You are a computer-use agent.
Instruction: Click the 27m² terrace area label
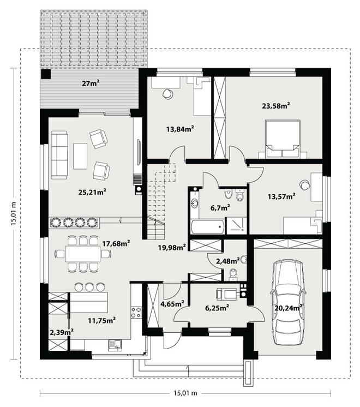[91, 83]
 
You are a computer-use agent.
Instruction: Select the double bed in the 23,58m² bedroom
[282, 139]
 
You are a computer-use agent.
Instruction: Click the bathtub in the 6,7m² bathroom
[207, 226]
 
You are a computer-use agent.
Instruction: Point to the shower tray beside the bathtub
[236, 225]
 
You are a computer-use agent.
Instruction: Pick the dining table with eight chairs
[83, 254]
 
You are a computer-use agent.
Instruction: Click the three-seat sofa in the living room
[59, 155]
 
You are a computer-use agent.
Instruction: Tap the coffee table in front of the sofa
[80, 155]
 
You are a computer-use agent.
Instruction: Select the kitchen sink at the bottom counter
[115, 345]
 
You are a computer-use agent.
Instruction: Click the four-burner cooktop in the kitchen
[136, 312]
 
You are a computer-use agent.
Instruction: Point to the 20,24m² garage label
[288, 308]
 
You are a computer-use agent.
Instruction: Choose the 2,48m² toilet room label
[228, 261]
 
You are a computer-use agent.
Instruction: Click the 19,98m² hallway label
[172, 247]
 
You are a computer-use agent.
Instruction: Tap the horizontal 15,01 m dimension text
[185, 393]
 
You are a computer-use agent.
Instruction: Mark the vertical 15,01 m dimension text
[14, 213]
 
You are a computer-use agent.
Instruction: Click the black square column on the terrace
[46, 74]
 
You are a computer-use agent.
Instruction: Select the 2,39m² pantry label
[61, 332]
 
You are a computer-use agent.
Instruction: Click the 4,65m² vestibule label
[172, 303]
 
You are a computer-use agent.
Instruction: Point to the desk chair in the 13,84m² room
[167, 94]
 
